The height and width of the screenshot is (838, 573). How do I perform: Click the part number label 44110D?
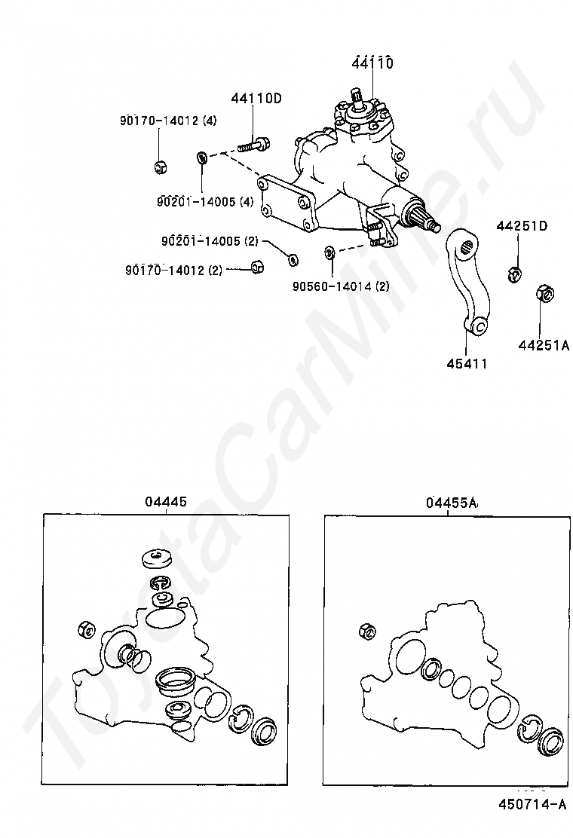256,97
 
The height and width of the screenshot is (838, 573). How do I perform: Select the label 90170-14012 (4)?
167,121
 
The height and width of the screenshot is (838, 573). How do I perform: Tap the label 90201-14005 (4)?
205,201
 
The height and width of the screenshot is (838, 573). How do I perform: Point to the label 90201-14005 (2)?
209,241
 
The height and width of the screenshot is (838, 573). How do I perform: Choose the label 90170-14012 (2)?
173,270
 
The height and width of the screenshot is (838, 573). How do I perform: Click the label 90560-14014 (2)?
341,286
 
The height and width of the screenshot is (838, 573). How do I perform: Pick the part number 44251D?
522,226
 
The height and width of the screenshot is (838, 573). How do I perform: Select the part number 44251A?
543,346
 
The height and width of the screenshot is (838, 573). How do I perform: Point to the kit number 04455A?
452,503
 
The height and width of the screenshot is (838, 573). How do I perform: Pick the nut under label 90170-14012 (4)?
160,166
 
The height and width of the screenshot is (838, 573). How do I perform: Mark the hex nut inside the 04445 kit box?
86,628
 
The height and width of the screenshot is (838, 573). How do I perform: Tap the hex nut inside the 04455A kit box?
369,631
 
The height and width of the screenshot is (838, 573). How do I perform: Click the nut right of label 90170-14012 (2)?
256,267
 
